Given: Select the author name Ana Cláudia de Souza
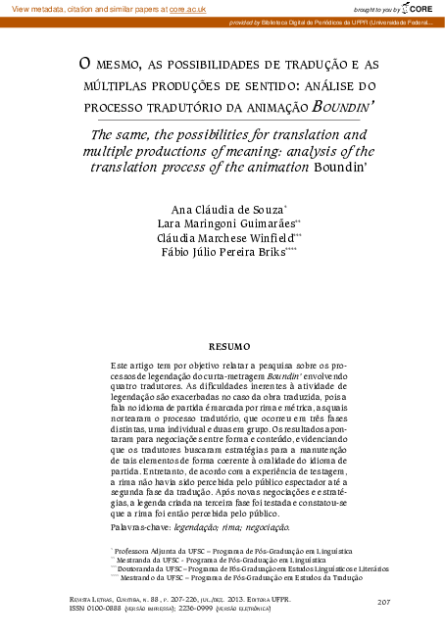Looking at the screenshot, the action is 225,211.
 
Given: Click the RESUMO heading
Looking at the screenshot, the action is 229,346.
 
